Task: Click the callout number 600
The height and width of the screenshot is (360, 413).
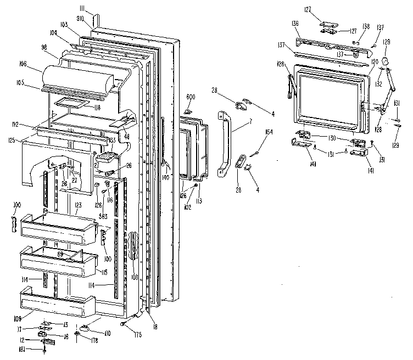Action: pos(191,97)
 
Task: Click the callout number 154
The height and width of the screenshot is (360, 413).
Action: pos(269,132)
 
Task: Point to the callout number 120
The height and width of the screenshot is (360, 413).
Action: pos(375,62)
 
